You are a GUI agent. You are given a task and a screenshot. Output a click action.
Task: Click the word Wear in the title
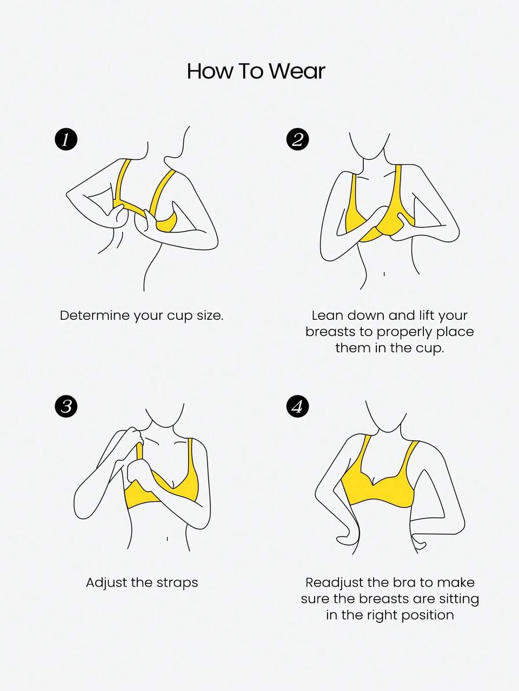pyautogui.click(x=297, y=71)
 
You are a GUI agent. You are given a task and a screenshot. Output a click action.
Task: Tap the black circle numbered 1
pyautogui.click(x=65, y=140)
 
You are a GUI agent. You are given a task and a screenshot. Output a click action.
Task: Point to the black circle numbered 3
pyautogui.click(x=65, y=406)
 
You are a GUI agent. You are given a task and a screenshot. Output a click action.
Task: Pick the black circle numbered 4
pyautogui.click(x=297, y=406)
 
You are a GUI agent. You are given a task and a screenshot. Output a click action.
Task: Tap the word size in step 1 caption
pyautogui.click(x=210, y=316)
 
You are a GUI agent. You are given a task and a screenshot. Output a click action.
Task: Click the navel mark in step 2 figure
pyautogui.click(x=384, y=274)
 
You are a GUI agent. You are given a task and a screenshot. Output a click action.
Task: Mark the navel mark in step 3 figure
pyautogui.click(x=167, y=539)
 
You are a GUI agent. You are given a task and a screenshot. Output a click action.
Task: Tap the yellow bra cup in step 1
pyautogui.click(x=167, y=223)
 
